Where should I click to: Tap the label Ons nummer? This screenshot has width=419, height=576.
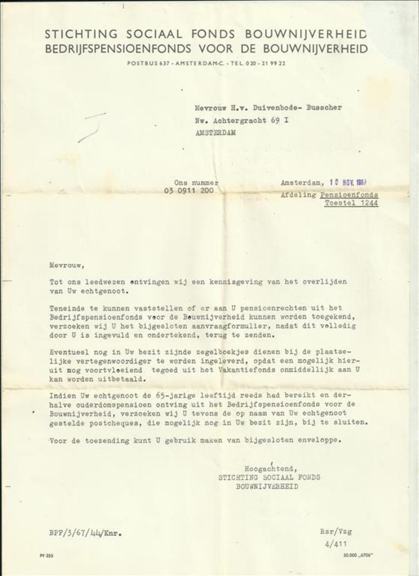196,182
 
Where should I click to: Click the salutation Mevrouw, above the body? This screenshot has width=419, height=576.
67,266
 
